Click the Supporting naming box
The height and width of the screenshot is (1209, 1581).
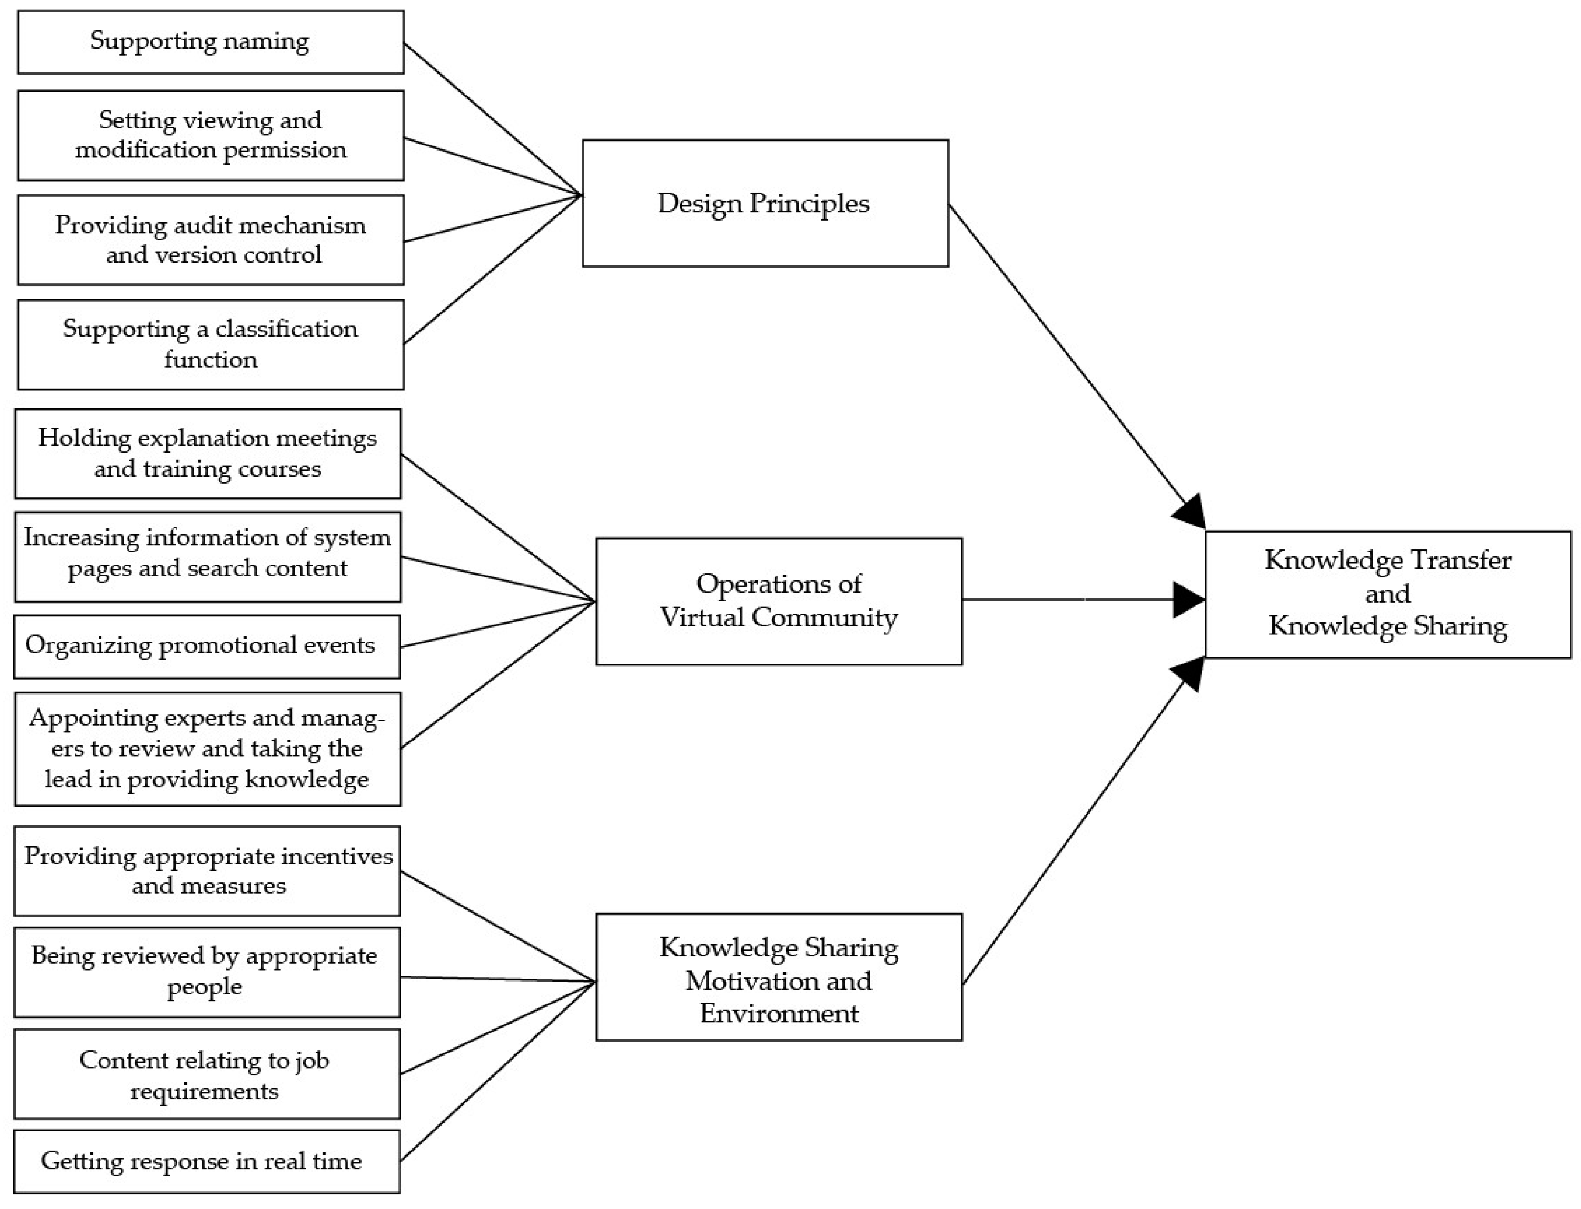[x=210, y=42]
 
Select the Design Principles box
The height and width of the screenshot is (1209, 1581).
[x=765, y=204]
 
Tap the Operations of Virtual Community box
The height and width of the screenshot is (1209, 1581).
[x=778, y=601]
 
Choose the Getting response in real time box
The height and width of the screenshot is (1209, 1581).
[x=207, y=1161]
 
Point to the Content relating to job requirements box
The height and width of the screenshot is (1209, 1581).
[x=207, y=1074]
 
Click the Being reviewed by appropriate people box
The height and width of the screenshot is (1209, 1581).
[x=207, y=972]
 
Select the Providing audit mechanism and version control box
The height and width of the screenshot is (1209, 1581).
[x=210, y=240]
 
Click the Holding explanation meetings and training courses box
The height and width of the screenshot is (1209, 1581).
[x=208, y=453]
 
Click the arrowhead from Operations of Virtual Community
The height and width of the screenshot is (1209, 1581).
[x=1189, y=599]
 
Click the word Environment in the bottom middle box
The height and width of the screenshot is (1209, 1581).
[x=779, y=1013]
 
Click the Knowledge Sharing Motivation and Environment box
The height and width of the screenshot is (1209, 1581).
[x=778, y=976]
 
